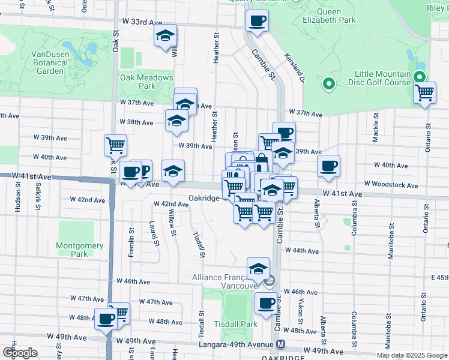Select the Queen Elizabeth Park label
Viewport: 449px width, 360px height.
pos(337,16)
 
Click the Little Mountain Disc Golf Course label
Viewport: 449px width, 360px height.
pos(382,79)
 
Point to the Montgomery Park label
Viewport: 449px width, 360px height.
pos(79,250)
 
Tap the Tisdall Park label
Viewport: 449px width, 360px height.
pos(236,324)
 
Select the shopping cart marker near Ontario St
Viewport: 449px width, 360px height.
pos(425,93)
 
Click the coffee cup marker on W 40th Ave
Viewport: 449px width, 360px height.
pos(328,166)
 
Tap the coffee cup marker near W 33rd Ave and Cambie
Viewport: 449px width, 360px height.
pos(256,21)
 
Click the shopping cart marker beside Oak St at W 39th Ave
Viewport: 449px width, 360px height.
pos(115,145)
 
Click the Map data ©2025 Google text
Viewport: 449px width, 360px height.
pos(411,355)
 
